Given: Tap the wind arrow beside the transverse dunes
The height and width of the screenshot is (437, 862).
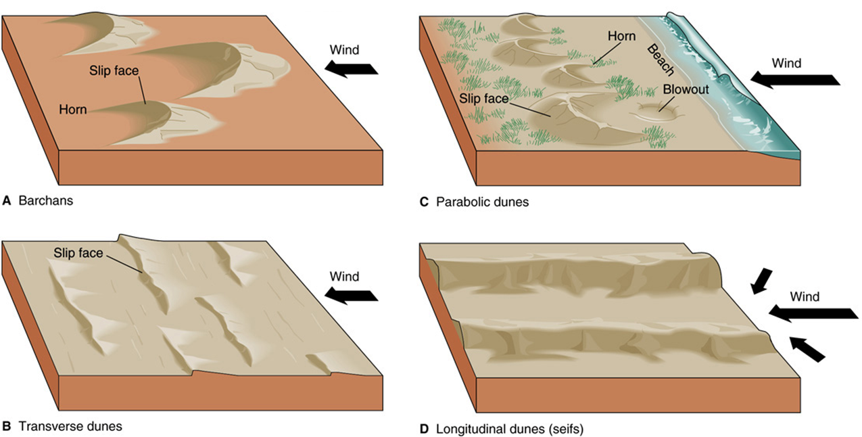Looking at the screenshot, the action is click(351, 296).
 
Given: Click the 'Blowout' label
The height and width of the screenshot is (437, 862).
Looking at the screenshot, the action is click(686, 90).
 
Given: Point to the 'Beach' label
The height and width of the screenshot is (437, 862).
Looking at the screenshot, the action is click(661, 60).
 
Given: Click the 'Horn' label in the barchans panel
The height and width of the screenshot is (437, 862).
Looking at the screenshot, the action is click(73, 110).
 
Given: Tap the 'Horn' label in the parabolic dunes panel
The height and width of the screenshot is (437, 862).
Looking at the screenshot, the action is click(621, 37).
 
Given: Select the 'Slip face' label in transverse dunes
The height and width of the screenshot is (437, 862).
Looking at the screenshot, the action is click(78, 253).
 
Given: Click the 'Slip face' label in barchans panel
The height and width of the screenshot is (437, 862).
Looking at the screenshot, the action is click(114, 71).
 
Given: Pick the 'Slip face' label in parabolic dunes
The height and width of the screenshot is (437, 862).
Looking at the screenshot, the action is click(483, 99).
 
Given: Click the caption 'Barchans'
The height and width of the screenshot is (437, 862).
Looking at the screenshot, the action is click(46, 201).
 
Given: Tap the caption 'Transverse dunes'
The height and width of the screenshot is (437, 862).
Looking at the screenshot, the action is click(70, 427).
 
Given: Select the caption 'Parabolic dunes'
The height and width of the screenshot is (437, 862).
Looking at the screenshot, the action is click(482, 202).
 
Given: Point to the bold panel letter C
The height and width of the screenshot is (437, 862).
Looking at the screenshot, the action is click(424, 202).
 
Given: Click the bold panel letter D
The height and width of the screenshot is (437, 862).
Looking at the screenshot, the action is click(424, 429).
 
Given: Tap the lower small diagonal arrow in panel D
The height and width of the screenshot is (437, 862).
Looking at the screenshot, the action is click(807, 349).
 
